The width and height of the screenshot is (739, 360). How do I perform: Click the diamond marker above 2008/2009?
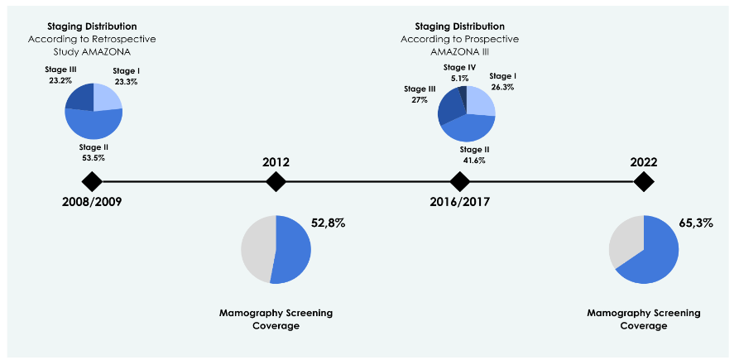92,181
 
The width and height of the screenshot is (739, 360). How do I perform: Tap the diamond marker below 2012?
276,181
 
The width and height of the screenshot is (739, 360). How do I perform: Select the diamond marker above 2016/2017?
459,181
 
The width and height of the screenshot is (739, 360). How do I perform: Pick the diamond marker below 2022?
643,181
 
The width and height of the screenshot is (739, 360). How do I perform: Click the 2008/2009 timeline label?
92,201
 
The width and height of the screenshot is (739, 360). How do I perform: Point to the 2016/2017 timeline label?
459,201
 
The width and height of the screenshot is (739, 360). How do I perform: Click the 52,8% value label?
328,223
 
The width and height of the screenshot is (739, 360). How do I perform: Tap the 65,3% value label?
695,223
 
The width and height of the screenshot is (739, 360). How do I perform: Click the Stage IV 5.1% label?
459,73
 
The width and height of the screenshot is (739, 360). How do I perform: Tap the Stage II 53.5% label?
93,152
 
